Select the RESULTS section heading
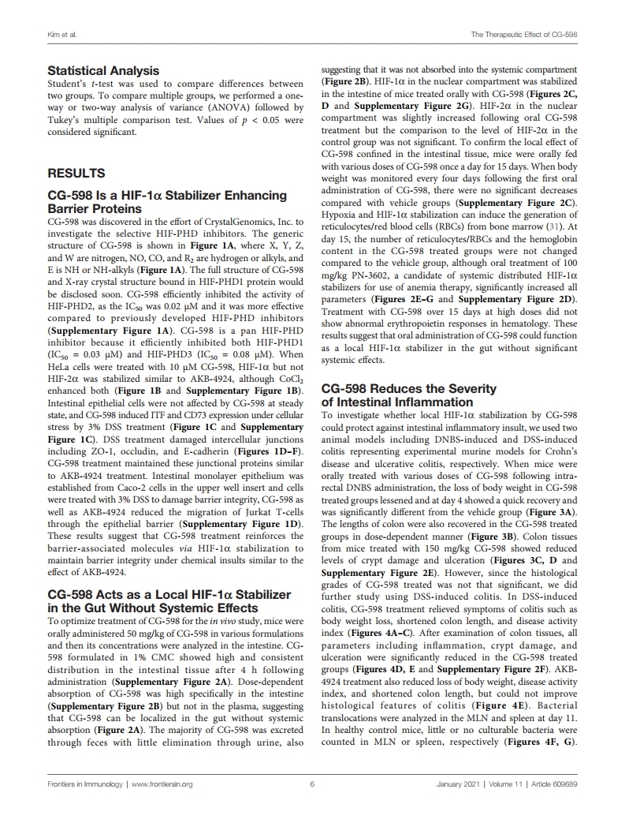click(78, 172)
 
